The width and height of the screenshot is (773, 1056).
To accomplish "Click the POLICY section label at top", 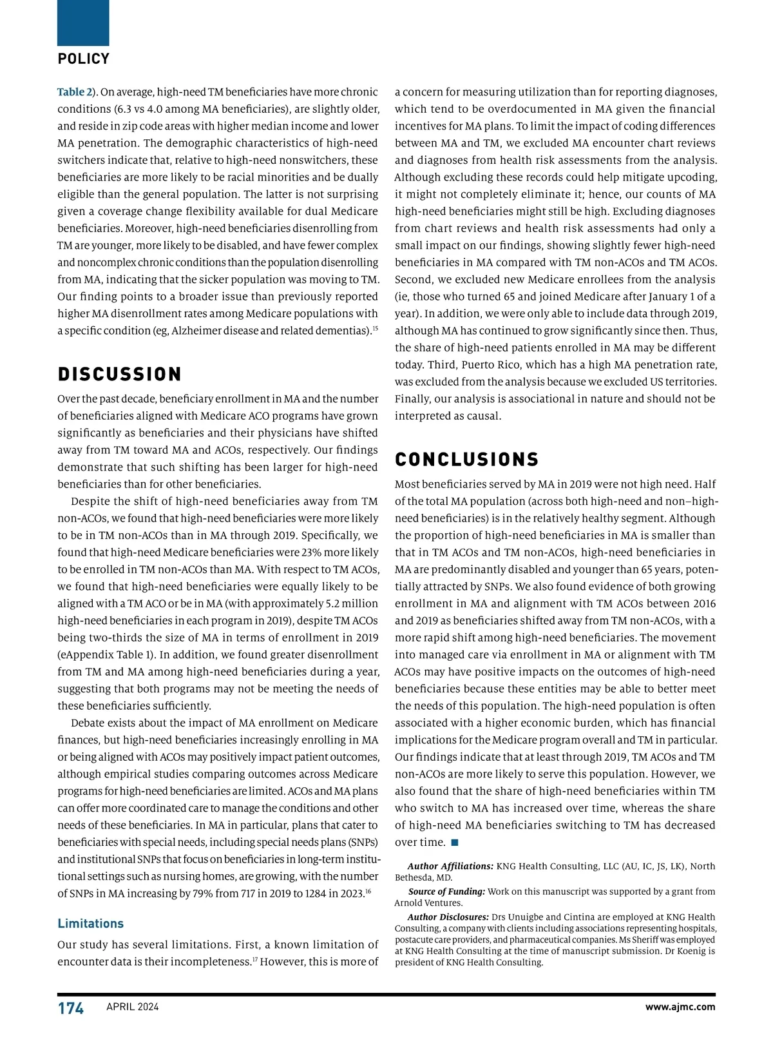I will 84,59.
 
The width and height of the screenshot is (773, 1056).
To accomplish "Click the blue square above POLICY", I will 83,23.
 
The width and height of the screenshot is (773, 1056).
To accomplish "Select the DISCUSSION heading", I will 120,375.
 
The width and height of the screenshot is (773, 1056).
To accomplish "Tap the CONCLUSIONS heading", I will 466,460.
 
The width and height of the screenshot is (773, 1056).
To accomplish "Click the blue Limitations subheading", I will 90,923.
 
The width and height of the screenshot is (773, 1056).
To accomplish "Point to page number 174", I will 71,1008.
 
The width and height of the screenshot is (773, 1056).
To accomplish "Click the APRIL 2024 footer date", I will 133,1007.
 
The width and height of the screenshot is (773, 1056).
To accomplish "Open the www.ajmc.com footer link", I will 680,1007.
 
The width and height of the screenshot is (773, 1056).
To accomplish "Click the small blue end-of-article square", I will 455,842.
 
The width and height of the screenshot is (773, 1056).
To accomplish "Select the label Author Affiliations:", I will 450,866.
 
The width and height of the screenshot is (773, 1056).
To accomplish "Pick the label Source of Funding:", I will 446,892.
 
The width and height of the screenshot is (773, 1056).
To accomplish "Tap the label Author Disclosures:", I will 448,917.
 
